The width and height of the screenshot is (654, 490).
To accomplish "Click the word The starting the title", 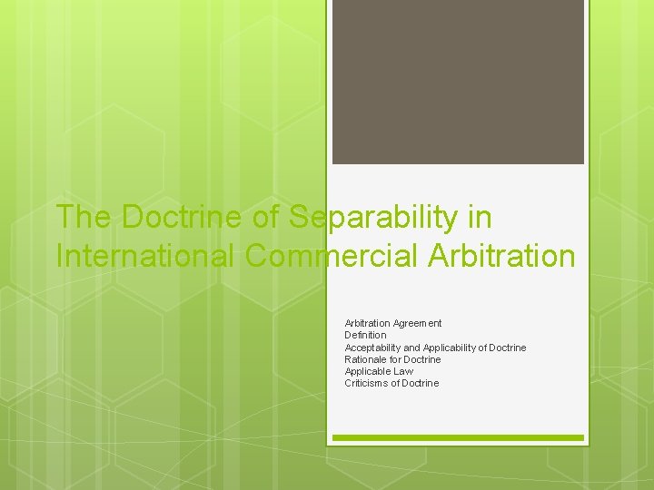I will pyautogui.click(x=84, y=218).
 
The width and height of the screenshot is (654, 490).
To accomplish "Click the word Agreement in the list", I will pyautogui.click(x=418, y=323).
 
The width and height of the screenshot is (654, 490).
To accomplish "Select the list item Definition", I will pyautogui.click(x=365, y=335).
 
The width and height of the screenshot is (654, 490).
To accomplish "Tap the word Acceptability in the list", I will pyautogui.click(x=372, y=348).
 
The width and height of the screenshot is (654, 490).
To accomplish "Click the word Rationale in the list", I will pyautogui.click(x=365, y=359).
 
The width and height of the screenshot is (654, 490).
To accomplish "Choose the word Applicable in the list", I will pyautogui.click(x=367, y=371).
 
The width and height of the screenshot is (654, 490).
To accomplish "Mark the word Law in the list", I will pyautogui.click(x=403, y=371).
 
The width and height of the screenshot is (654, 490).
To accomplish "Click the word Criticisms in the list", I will pyautogui.click(x=366, y=383).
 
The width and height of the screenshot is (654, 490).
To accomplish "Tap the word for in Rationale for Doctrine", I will pyautogui.click(x=396, y=359).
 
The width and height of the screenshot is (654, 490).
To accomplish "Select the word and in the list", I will pyautogui.click(x=412, y=348).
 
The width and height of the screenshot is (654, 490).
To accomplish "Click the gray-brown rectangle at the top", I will pyautogui.click(x=458, y=82).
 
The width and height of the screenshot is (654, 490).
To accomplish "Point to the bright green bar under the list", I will pyautogui.click(x=458, y=437).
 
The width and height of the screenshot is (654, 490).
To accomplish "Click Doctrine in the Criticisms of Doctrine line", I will pyautogui.click(x=420, y=383).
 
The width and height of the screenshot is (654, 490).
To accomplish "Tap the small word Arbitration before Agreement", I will pyautogui.click(x=368, y=323).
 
